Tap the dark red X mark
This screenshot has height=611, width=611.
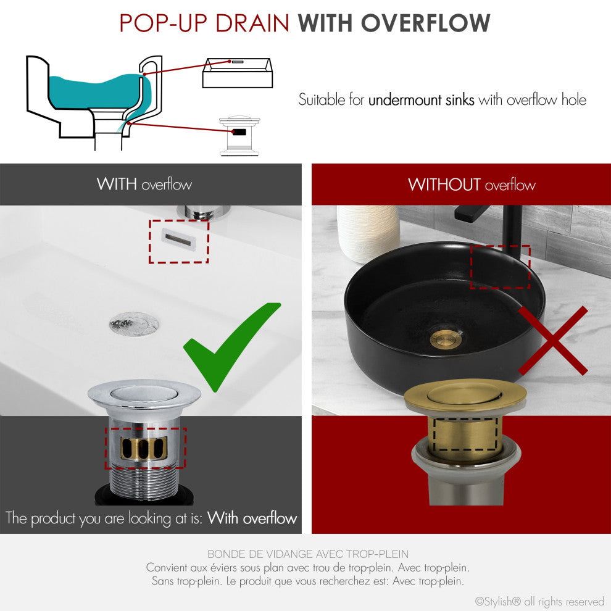pyautogui.click(x=552, y=341)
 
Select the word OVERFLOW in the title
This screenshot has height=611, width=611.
pyautogui.click(x=426, y=23)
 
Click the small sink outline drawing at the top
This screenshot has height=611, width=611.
pyautogui.click(x=237, y=73)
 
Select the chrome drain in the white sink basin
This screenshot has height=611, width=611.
pyautogui.click(x=134, y=323)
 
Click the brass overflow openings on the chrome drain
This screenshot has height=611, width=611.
pyautogui.click(x=146, y=447)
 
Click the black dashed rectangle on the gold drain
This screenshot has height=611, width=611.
pyautogui.click(x=465, y=436)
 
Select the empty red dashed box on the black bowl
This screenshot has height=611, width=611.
pyautogui.click(x=500, y=267)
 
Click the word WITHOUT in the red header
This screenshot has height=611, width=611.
pyautogui.click(x=444, y=185)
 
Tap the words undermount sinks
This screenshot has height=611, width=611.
pyautogui.click(x=421, y=100)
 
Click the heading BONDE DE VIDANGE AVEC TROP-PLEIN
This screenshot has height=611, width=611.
pyautogui.click(x=307, y=554)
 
